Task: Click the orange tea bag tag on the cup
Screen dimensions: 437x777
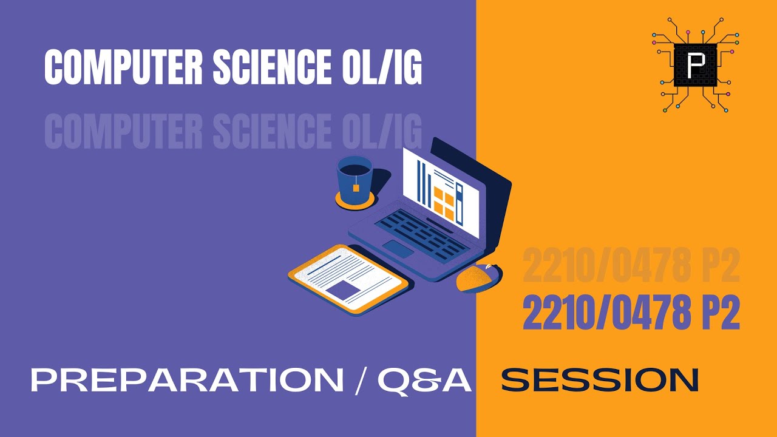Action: [x=356, y=188]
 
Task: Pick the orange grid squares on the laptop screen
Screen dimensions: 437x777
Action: [x=444, y=203]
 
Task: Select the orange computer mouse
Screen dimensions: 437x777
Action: [x=478, y=277]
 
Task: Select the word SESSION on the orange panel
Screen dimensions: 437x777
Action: [x=600, y=381]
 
